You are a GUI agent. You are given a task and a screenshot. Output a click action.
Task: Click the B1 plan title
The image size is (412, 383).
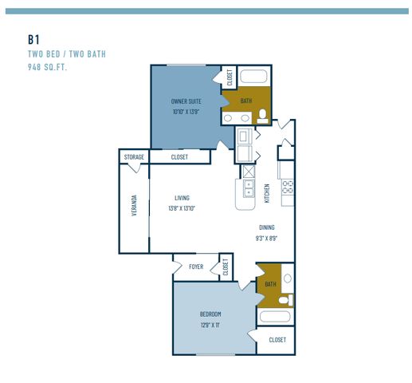click(33, 40)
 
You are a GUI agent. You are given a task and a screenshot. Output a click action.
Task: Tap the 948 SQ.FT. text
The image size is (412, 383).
click(47, 67)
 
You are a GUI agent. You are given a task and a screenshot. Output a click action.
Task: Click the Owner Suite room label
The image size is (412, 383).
click(186, 101)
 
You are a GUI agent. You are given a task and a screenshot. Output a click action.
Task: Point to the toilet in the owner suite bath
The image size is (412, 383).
click(262, 116)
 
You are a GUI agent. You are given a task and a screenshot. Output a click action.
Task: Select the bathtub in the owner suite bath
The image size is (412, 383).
click(253, 76)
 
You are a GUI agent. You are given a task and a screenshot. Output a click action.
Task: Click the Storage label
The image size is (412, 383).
click(134, 157)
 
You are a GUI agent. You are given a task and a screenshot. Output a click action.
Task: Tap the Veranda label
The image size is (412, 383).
click(134, 205)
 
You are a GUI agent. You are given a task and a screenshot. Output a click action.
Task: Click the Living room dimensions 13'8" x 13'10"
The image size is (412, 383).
click(182, 208)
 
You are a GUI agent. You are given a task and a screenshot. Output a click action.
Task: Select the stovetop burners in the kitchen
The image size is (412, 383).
click(288, 187)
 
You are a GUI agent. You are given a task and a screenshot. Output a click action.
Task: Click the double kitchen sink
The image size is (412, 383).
click(249, 188)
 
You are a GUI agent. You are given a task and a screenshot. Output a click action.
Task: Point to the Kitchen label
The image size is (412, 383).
click(267, 193)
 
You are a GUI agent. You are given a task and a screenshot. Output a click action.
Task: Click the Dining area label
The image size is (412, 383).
click(267, 227)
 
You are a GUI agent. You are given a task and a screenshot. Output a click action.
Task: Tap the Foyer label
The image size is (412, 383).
click(196, 267)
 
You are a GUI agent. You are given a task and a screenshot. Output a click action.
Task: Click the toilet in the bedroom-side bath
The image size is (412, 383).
click(285, 300)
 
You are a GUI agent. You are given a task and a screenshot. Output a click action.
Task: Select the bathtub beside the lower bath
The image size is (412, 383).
click(275, 317)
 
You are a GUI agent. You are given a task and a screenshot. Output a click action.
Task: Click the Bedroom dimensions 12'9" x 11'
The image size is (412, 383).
click(210, 325)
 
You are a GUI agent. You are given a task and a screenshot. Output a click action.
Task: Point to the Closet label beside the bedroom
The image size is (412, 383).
click(277, 340)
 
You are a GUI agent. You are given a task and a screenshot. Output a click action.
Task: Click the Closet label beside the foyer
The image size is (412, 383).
click(226, 267)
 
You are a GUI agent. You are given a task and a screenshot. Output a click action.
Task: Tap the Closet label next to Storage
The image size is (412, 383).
click(179, 157)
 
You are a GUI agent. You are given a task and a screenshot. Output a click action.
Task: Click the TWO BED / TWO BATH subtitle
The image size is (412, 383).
click(67, 54)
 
